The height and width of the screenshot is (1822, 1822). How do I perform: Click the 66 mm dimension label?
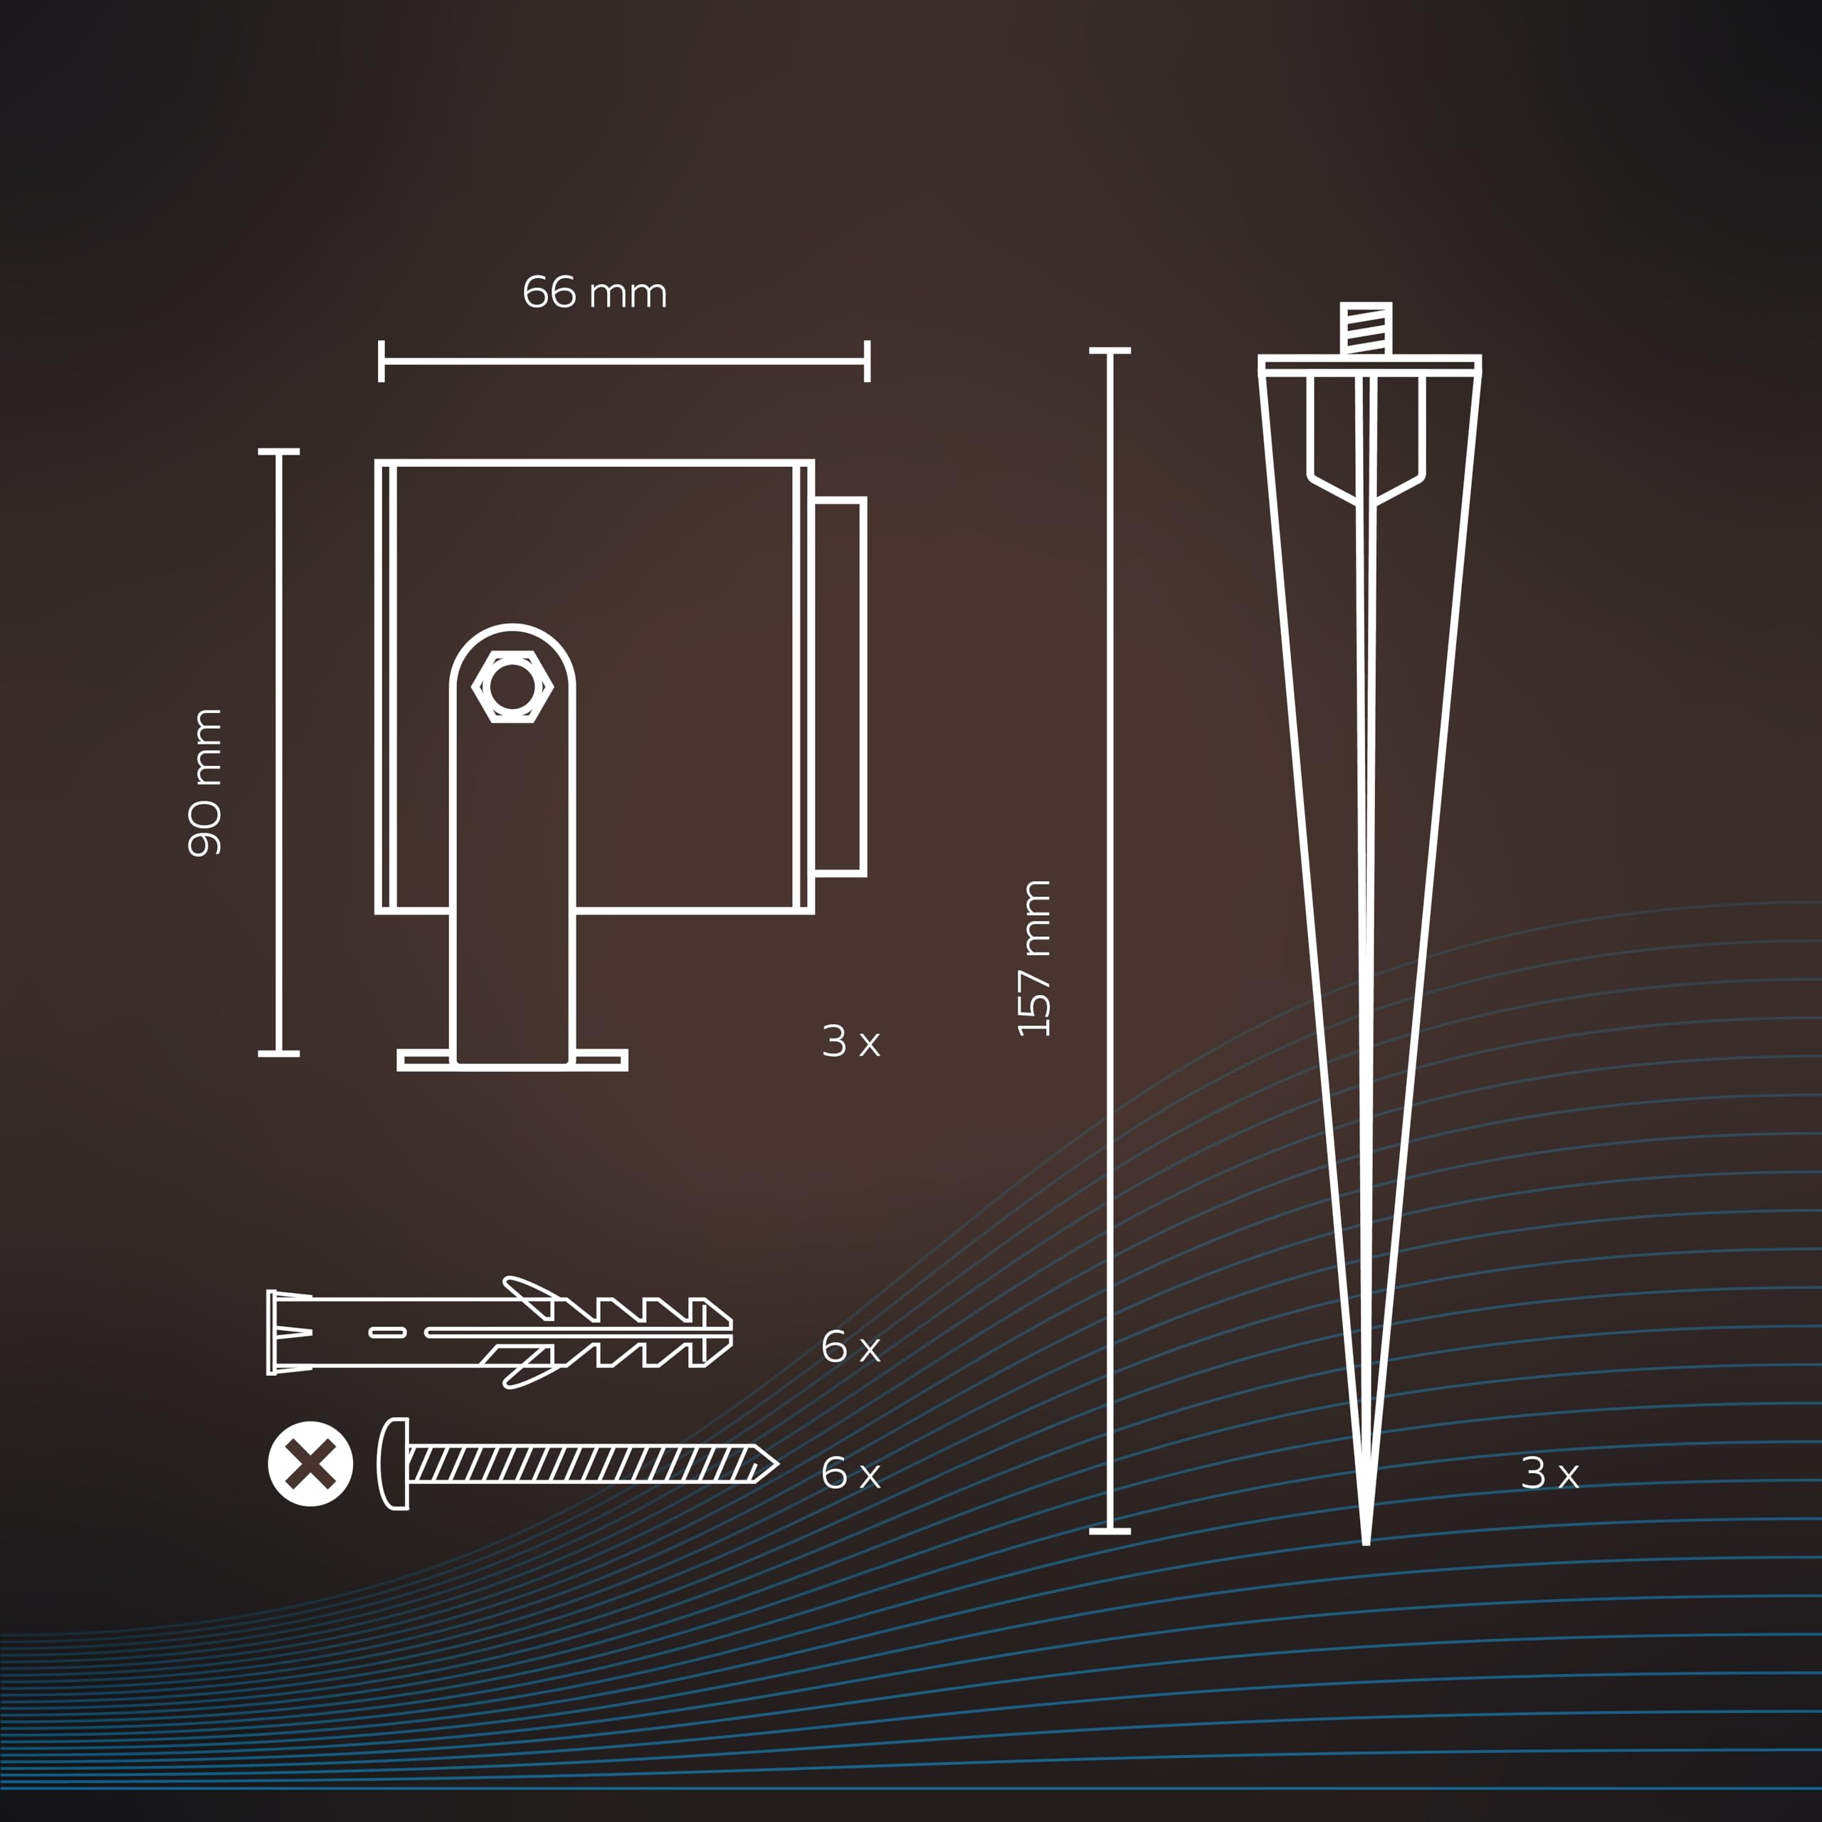click(x=594, y=293)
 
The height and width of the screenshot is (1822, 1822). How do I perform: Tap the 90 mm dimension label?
click(x=205, y=783)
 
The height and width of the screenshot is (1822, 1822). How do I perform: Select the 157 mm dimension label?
click(x=1035, y=958)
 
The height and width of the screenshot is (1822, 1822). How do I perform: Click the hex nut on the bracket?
click(x=512, y=687)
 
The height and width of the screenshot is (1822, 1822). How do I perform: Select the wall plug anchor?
click(x=500, y=1332)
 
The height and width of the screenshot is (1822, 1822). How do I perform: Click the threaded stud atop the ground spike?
click(x=1366, y=328)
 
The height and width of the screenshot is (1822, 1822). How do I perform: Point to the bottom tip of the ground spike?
click(x=1366, y=1544)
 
